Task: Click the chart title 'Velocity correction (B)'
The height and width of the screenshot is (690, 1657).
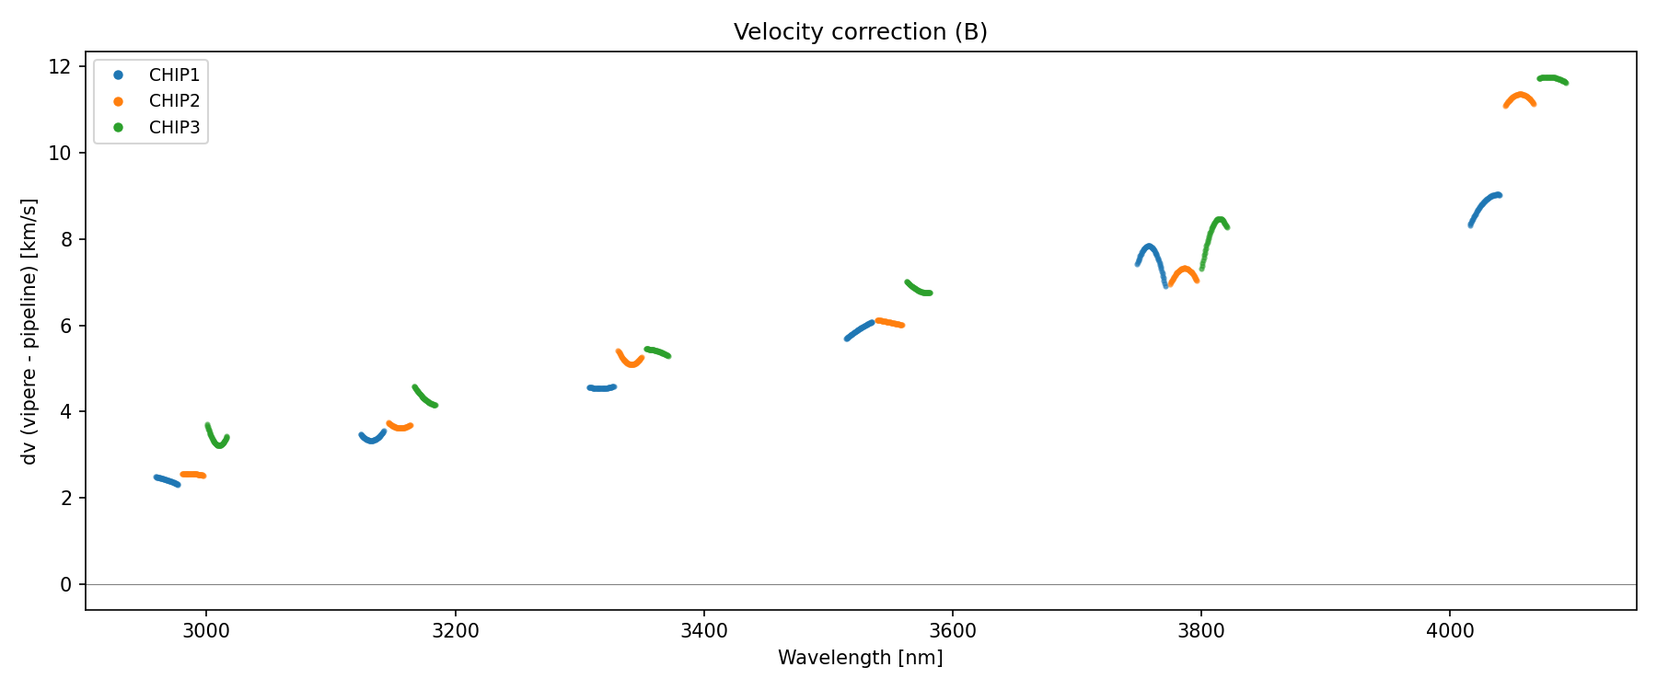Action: (x=860, y=32)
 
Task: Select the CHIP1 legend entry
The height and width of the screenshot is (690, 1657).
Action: (x=174, y=75)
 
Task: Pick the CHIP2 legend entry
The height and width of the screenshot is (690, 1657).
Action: (x=174, y=101)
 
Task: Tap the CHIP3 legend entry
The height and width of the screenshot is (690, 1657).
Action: (x=174, y=128)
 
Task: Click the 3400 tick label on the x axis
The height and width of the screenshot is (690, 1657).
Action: (x=703, y=631)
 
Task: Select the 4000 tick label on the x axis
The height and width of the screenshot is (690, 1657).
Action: (x=1449, y=631)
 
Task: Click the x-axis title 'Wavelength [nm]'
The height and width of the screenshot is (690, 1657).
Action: (x=860, y=658)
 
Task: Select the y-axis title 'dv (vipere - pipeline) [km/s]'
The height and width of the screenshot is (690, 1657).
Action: (x=29, y=331)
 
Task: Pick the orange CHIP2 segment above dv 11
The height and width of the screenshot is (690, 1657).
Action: (x=1519, y=97)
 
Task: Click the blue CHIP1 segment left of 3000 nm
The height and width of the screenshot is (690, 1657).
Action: (x=167, y=480)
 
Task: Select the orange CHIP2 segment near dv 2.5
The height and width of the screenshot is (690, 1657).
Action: (x=192, y=475)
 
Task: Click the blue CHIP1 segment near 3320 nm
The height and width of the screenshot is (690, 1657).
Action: (x=601, y=388)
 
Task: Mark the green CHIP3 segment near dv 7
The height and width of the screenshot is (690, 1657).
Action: (x=918, y=289)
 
